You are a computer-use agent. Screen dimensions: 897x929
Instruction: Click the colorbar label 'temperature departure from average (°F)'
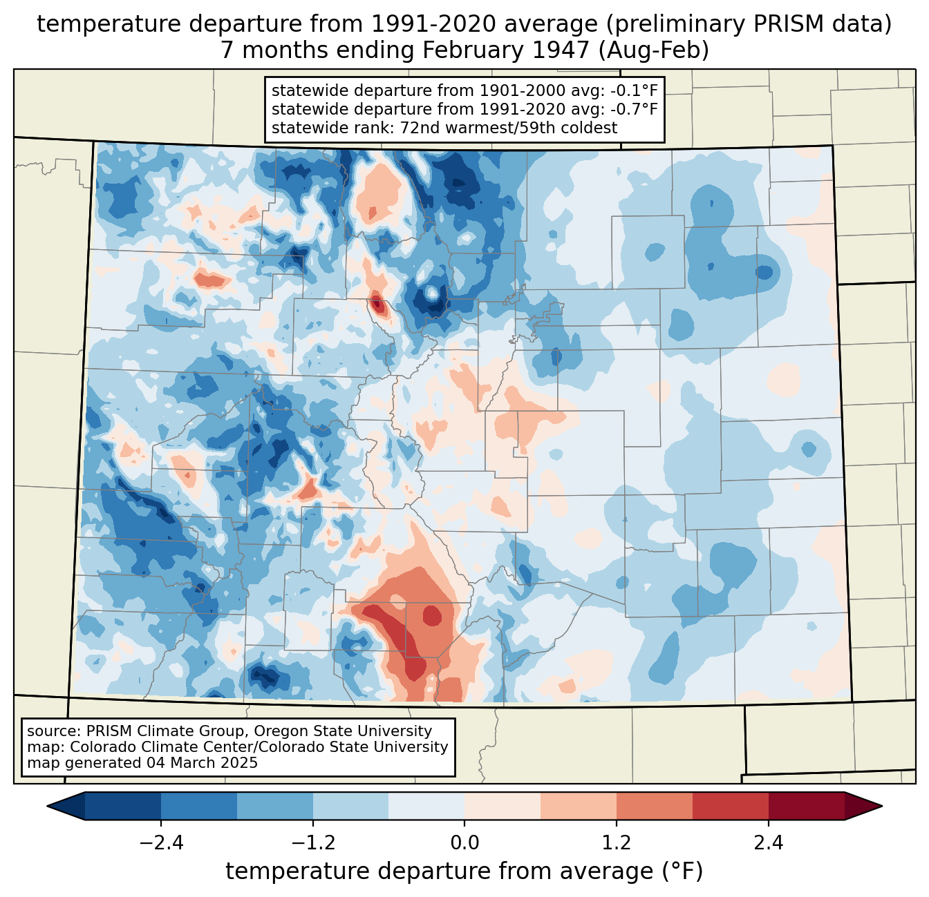click(x=464, y=871)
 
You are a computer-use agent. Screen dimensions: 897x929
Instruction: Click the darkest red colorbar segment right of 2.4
click(x=806, y=806)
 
